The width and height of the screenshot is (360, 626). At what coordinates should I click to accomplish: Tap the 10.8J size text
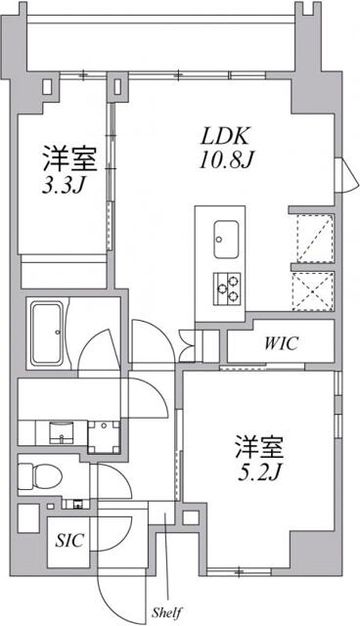coord(229,158)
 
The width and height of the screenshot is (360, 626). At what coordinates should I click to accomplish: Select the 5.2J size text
coord(258,472)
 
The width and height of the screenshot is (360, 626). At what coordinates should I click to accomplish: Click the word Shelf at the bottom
coord(164,613)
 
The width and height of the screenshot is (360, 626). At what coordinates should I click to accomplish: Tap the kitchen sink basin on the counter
coord(225,236)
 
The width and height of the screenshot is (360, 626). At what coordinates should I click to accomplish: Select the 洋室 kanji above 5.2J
coord(258,449)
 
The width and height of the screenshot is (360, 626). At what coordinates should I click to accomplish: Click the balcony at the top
coord(161,38)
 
